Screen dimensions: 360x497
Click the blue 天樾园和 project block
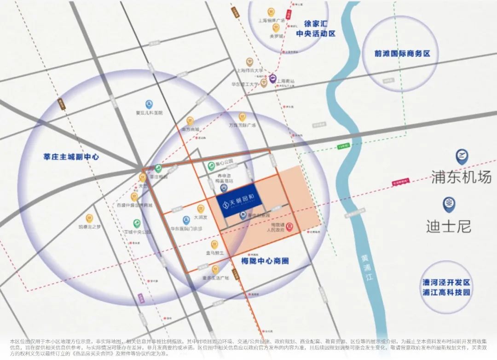[x=240, y=203]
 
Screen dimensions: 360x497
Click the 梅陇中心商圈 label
[x=265, y=261]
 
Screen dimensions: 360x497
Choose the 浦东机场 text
[x=461, y=177]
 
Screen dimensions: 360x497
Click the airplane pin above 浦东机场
[x=461, y=156]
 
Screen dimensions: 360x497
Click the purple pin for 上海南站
[x=272, y=79]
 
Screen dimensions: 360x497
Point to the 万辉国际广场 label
[x=242, y=125]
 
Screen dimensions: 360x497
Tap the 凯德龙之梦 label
[x=89, y=227]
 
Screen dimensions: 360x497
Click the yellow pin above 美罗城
[x=275, y=27]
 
